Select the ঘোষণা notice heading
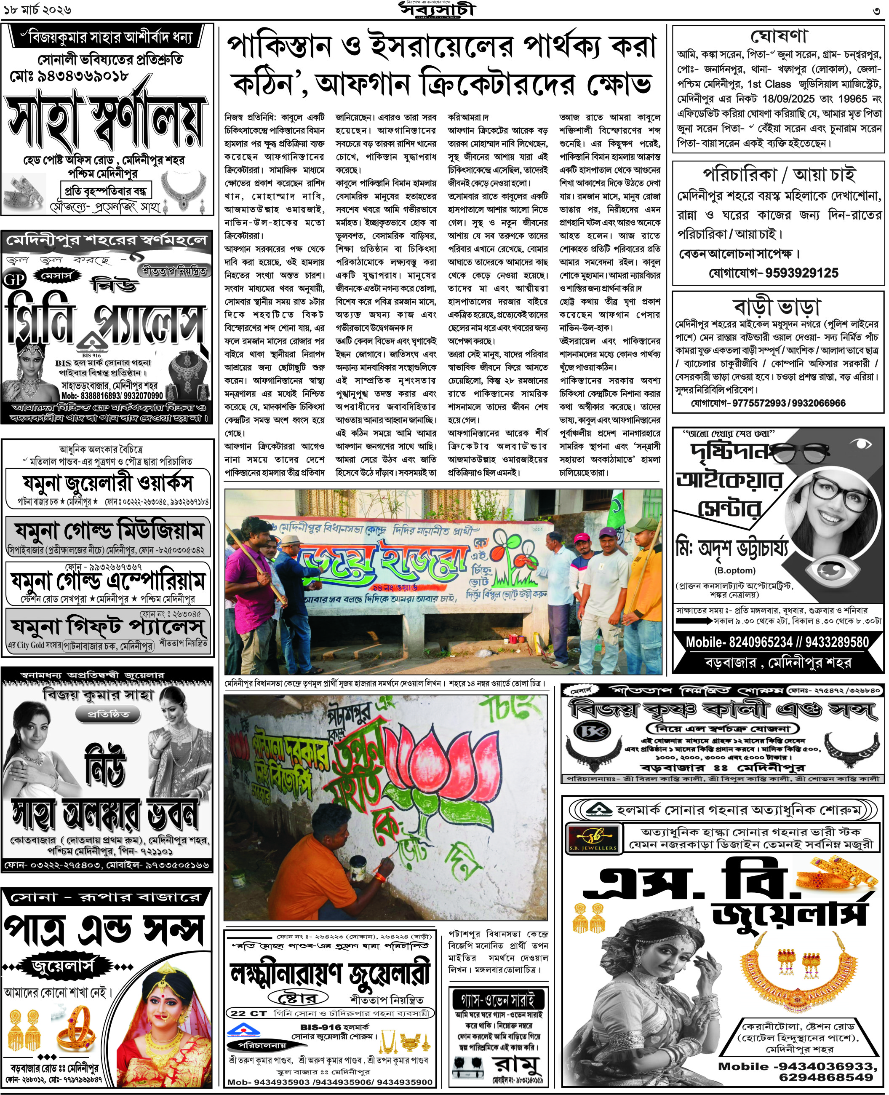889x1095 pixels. tap(778, 36)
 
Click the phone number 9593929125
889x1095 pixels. tap(802, 273)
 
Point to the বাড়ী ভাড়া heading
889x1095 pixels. tap(777, 306)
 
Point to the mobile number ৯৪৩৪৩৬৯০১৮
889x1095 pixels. tap(77, 76)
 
